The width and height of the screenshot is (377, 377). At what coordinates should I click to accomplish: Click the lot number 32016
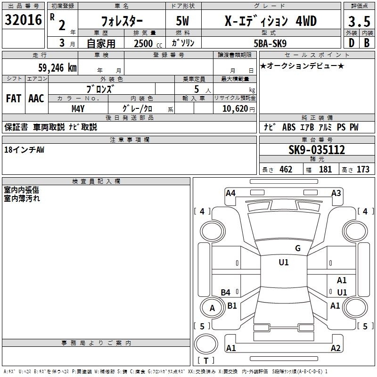tap(23, 20)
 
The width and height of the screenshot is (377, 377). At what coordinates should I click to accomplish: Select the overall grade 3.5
tap(359, 22)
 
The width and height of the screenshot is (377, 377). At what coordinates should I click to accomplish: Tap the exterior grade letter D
tap(352, 43)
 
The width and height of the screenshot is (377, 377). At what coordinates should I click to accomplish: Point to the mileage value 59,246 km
tap(57, 68)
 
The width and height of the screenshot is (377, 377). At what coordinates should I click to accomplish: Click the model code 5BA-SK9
tap(270, 43)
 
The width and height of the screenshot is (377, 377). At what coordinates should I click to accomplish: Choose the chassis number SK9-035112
tap(317, 150)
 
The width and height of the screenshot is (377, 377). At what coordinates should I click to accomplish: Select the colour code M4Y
tap(78, 109)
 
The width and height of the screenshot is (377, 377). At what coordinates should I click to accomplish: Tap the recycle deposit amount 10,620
tap(235, 109)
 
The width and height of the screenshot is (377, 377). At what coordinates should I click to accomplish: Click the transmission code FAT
tap(14, 98)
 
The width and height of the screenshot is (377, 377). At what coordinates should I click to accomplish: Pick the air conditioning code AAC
tap(36, 98)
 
